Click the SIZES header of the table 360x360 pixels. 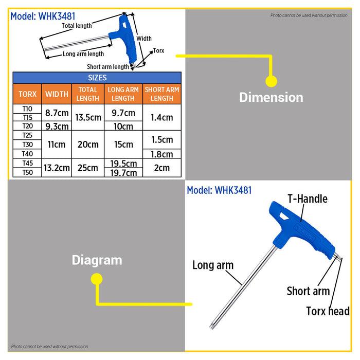(97, 78)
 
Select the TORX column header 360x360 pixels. (27, 95)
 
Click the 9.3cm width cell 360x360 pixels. (57, 126)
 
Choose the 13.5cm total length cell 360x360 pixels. (88, 117)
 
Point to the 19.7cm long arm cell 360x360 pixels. (123, 172)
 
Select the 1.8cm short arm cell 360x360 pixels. (162, 154)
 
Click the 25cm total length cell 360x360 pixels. (88, 168)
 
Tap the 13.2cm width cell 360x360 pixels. (57, 168)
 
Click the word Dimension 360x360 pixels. (271, 97)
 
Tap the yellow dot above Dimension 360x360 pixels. (271, 81)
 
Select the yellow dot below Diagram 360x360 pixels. (96, 279)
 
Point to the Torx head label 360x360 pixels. (328, 311)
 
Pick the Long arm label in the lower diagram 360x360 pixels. (213, 265)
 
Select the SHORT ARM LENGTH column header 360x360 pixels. (162, 94)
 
